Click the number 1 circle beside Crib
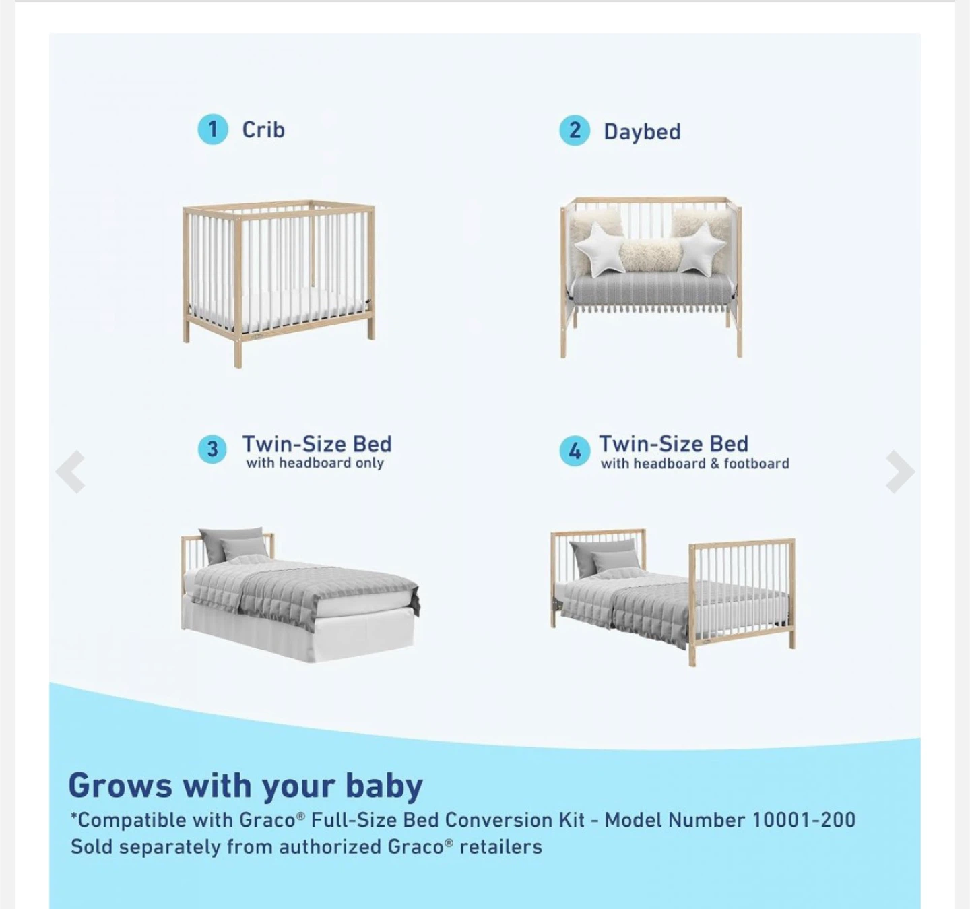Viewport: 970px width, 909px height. tap(213, 129)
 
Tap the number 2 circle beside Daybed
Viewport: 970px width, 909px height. tap(575, 130)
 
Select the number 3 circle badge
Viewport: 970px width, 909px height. tap(212, 449)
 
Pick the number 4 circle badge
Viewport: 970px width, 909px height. tap(575, 450)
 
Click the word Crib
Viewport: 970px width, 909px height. tap(263, 129)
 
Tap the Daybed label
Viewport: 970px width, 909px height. tap(642, 131)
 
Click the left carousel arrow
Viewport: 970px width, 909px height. tap(71, 471)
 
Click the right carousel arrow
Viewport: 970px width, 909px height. tap(899, 471)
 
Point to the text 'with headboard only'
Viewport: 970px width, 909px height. tap(315, 463)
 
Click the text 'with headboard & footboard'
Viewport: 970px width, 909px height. tap(694, 464)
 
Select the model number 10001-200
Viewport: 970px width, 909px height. tap(804, 820)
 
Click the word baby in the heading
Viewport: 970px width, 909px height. tap(384, 786)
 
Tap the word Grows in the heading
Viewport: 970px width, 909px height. tap(120, 786)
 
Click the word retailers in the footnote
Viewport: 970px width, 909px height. tap(500, 846)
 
